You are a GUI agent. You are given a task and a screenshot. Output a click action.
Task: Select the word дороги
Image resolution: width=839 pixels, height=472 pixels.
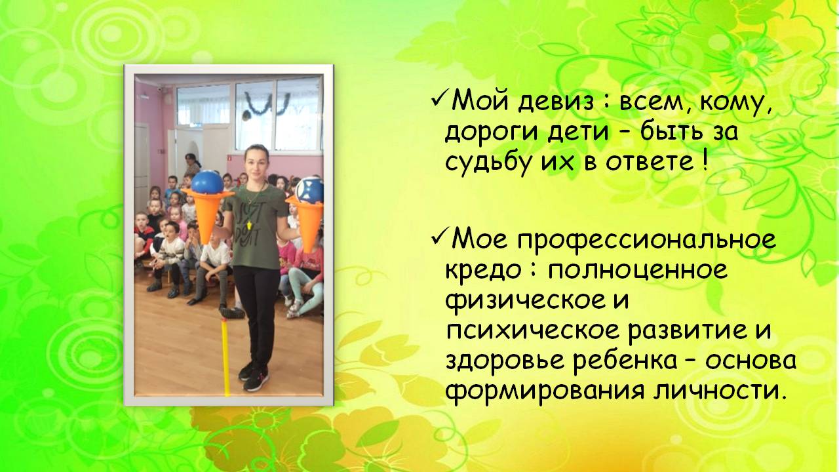point(492,133)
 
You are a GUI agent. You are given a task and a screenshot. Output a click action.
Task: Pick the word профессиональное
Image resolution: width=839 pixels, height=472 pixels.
point(647,241)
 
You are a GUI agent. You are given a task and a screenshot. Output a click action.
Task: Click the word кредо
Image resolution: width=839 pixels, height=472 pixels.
point(483,269)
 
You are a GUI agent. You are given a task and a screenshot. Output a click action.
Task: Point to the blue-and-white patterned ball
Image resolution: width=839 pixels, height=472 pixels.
point(310,190)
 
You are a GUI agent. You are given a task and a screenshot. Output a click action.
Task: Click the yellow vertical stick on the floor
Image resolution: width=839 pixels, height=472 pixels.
point(225,356)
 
